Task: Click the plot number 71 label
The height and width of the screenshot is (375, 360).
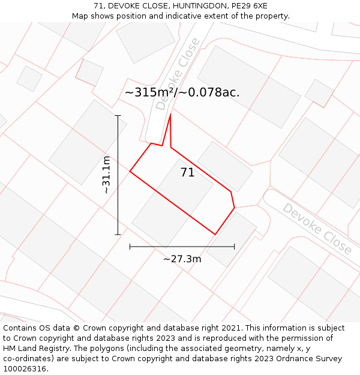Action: click(x=187, y=173)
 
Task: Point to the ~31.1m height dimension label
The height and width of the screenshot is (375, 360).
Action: click(x=106, y=175)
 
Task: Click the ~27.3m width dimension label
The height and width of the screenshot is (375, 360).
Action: click(x=182, y=259)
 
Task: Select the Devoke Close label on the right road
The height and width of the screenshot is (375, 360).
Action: click(x=317, y=228)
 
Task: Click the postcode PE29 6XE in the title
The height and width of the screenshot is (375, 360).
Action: click(x=244, y=6)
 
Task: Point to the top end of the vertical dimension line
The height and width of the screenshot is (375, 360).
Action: click(x=118, y=115)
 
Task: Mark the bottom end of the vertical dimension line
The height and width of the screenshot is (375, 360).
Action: click(x=118, y=235)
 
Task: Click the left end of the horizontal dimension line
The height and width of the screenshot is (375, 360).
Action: click(x=130, y=246)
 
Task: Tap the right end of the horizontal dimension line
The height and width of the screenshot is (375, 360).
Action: click(x=234, y=246)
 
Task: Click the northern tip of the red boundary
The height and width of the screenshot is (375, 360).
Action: click(x=171, y=113)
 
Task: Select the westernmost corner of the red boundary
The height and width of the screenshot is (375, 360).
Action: click(x=130, y=172)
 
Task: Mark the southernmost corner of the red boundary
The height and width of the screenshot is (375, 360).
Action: click(x=215, y=235)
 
